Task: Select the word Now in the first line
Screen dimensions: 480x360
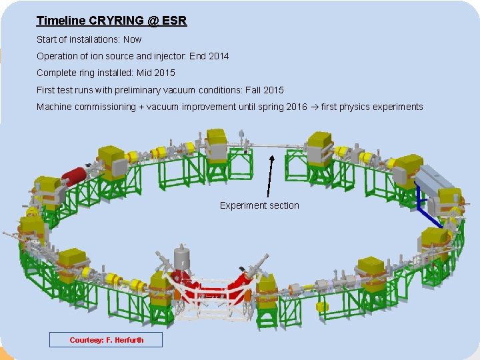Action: [132, 39]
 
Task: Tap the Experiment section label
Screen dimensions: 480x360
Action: [259, 205]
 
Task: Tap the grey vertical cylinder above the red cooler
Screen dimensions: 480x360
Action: [181, 257]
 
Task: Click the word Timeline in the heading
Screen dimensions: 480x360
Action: [59, 21]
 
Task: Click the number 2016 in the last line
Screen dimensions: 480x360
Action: [297, 107]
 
